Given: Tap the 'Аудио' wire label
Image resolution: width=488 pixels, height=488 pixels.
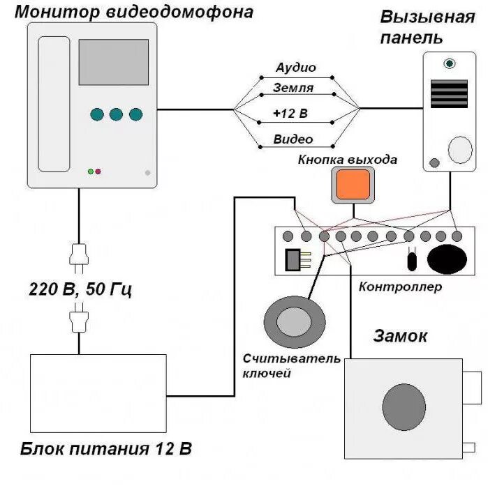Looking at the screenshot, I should [295, 68].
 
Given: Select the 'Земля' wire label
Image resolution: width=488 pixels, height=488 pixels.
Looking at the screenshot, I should [294, 89].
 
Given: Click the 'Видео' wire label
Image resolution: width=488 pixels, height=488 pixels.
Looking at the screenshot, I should [293, 139].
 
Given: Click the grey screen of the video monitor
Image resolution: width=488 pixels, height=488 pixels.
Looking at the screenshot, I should [113, 62].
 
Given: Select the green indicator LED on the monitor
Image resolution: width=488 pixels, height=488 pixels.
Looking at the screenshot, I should [91, 171].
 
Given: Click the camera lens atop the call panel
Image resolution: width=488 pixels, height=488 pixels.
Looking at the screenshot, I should [450, 64].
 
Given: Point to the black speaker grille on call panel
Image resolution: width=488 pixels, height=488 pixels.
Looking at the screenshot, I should [448, 93].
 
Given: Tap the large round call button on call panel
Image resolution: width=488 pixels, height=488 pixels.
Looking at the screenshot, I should [459, 148].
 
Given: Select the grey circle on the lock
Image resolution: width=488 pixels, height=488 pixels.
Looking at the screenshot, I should [404, 406].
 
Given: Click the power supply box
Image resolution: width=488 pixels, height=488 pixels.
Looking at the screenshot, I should [98, 392].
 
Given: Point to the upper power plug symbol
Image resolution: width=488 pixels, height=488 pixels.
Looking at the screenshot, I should [79, 258].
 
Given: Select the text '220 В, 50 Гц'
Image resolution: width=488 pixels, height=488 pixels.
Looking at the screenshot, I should [80, 288].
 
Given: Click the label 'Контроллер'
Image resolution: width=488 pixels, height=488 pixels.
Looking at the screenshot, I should [400, 287].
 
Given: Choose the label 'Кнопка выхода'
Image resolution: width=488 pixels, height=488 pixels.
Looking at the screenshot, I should [348, 160].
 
